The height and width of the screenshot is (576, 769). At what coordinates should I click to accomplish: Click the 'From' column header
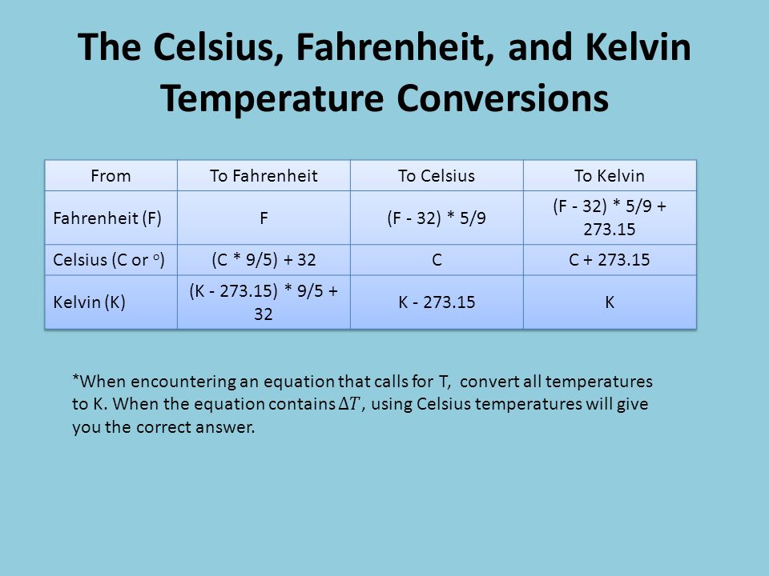[x=111, y=175]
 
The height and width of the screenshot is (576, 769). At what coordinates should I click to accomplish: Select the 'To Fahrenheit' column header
[x=264, y=175]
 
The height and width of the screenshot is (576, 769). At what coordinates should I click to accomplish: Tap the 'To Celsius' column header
[x=437, y=175]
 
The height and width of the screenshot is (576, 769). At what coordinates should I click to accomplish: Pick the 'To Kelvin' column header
[x=610, y=175]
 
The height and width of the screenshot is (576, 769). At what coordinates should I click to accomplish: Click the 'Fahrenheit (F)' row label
[x=107, y=218]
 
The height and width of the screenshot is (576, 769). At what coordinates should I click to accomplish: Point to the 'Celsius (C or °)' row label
[x=109, y=259]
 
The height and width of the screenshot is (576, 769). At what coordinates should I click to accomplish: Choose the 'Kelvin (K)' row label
[x=89, y=302]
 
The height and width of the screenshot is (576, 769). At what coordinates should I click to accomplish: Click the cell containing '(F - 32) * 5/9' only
[x=437, y=218]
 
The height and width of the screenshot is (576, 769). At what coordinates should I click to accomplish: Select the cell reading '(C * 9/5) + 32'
[x=264, y=259]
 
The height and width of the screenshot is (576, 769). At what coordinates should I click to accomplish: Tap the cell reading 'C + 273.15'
[x=610, y=259]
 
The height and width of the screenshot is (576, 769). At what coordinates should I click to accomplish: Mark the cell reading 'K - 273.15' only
[x=437, y=302]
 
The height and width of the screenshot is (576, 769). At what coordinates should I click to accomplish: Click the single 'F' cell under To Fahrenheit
[x=264, y=218]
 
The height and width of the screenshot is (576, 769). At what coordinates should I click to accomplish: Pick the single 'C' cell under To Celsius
[x=437, y=259]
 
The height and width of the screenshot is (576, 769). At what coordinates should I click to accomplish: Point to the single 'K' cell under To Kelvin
[x=610, y=302]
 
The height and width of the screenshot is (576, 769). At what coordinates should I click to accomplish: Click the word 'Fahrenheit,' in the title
[x=395, y=47]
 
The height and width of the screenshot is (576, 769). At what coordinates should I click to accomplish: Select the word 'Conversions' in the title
[x=503, y=98]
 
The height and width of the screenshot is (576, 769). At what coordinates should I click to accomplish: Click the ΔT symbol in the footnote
[x=350, y=404]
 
